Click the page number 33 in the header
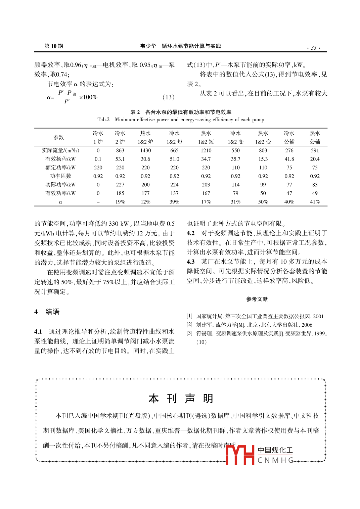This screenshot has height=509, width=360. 314,48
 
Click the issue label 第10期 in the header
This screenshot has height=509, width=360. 54,46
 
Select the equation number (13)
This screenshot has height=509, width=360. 168,97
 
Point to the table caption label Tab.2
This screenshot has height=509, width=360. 103,120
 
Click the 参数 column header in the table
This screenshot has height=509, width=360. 59,137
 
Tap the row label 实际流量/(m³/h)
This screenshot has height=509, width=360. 60,150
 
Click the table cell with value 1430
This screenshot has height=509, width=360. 145,150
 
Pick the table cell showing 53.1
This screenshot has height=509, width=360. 120,159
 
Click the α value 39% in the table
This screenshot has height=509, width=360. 174,202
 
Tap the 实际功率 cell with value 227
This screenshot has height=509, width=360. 120,185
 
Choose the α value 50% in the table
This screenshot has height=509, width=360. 263,202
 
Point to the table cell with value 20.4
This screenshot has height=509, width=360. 315,159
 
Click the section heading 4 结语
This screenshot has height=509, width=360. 47,312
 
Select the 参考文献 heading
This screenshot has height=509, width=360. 257,299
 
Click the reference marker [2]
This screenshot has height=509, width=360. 189,325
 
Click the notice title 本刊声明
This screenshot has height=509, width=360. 181,399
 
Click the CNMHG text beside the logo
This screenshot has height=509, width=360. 275,460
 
